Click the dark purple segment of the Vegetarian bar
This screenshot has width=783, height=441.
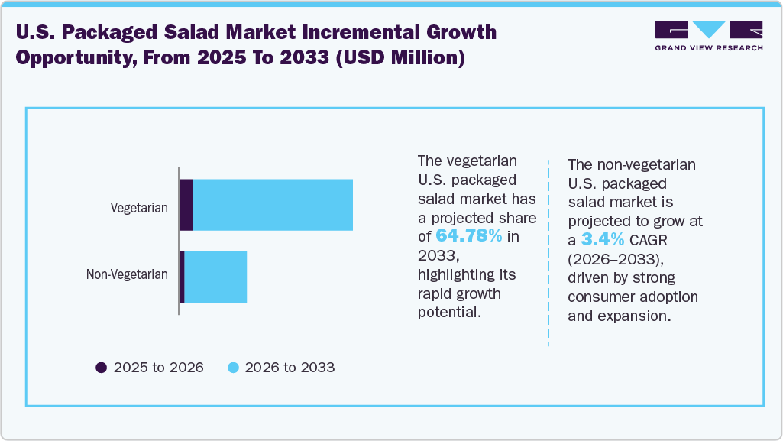(186, 205)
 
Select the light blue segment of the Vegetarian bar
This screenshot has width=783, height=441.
(273, 205)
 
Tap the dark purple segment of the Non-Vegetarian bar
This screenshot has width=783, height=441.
(182, 277)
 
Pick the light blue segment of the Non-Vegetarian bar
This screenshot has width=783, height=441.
(215, 277)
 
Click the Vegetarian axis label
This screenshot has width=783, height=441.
(139, 207)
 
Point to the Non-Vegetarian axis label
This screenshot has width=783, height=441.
(127, 274)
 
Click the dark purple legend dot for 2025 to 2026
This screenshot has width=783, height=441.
(101, 368)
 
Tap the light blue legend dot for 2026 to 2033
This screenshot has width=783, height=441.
(235, 368)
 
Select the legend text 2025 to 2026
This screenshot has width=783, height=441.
(158, 368)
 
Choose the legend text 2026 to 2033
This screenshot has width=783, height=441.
(290, 368)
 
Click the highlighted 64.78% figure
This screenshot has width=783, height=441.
(468, 235)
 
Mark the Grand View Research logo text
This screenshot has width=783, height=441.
(708, 48)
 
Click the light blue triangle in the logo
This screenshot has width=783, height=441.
(709, 30)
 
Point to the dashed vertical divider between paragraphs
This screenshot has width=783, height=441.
(548, 252)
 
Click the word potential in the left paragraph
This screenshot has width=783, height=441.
(448, 312)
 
